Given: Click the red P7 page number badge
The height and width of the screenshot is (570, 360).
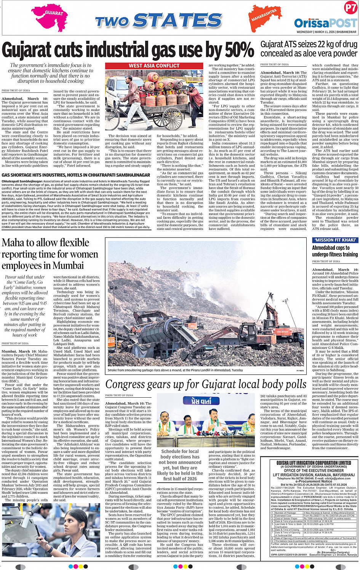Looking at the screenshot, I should pyautogui.click(x=350, y=8).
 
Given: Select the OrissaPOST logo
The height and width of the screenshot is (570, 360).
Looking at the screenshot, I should pyautogui.click(x=325, y=23).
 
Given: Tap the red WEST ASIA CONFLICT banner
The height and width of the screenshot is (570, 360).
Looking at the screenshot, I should pyautogui.click(x=154, y=66).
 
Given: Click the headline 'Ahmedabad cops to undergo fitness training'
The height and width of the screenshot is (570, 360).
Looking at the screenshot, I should pyautogui.click(x=335, y=251).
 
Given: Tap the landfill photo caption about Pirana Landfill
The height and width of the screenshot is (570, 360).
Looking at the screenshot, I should pyautogui.click(x=175, y=370).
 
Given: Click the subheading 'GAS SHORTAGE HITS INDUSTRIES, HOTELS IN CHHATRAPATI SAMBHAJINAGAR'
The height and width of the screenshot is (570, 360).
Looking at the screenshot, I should pyautogui.click(x=76, y=175).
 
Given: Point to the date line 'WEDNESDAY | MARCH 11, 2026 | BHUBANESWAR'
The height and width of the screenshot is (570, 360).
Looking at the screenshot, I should pyautogui.click(x=326, y=32).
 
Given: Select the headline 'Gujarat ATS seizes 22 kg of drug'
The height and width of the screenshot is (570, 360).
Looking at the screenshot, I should pyautogui.click(x=309, y=45).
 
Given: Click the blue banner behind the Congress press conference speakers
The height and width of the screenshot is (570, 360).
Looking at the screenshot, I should pyautogui.click(x=201, y=400).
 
